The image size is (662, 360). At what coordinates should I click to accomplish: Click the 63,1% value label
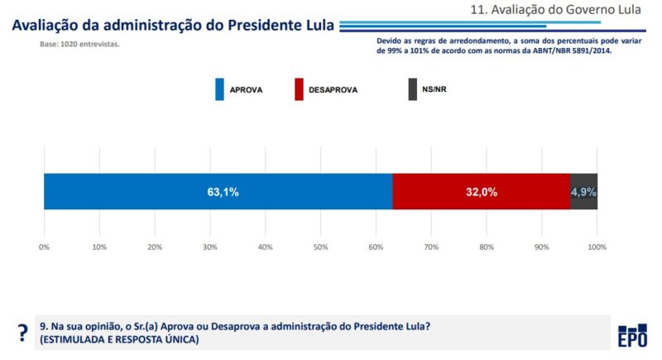click(223, 192)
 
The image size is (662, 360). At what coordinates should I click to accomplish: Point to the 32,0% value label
click(481, 192)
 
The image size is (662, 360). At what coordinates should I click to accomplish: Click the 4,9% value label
click(583, 192)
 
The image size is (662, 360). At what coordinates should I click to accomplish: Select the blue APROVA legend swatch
click(220, 89)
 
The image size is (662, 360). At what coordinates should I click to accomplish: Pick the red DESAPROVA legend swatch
click(299, 89)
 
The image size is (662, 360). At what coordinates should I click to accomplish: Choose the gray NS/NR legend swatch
click(413, 89)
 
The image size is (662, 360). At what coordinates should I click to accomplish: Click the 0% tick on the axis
click(44, 247)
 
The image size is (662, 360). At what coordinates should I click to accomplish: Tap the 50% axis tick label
click(320, 247)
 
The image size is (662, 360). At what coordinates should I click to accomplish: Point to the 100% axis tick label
click(597, 247)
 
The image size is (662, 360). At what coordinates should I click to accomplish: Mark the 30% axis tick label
click(209, 247)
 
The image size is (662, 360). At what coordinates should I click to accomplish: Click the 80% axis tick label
click(486, 247)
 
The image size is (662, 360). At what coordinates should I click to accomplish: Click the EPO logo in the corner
click(633, 336)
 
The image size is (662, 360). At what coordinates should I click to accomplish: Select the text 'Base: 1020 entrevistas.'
click(79, 44)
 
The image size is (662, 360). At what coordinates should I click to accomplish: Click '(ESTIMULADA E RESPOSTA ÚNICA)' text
click(119, 339)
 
